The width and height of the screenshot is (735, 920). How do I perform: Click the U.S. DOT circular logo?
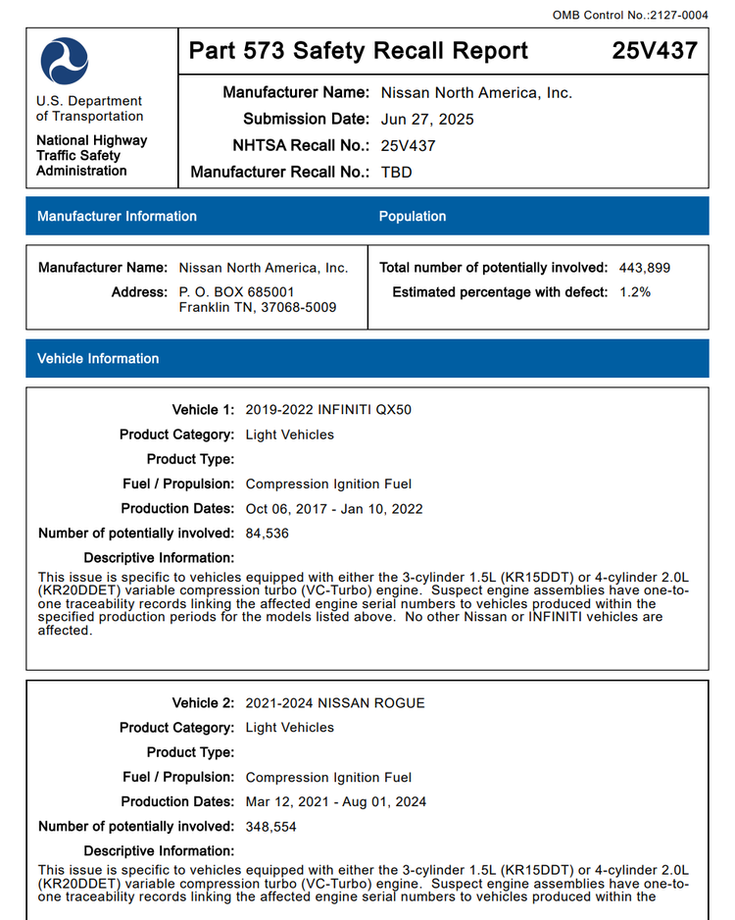tap(65, 61)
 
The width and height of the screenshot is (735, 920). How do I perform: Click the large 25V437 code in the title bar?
tap(655, 51)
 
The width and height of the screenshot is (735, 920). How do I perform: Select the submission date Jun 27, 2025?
tap(427, 119)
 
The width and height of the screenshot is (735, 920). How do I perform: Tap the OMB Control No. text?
tap(630, 15)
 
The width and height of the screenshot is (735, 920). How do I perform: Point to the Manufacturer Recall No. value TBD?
tap(397, 172)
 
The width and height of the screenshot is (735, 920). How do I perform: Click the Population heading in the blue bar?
tap(413, 216)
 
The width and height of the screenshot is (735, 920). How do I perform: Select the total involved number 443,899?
tap(645, 267)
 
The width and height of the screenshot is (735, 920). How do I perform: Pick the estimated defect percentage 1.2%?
tap(635, 292)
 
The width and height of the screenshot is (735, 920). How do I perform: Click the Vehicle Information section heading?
tap(98, 358)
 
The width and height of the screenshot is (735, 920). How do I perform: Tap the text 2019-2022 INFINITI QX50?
tap(328, 409)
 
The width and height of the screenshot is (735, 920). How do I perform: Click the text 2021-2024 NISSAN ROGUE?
tap(335, 702)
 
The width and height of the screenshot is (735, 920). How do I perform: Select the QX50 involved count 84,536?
tap(268, 533)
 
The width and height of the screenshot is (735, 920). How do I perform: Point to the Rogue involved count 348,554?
tap(271, 826)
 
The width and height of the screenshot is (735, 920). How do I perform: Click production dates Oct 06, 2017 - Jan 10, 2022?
tap(334, 508)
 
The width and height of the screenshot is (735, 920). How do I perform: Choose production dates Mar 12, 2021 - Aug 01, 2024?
tap(336, 801)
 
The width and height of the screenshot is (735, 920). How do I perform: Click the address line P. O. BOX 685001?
tap(236, 292)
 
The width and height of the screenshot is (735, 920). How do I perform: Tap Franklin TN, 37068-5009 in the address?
tap(258, 307)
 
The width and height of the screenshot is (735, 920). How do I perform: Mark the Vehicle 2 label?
tap(203, 702)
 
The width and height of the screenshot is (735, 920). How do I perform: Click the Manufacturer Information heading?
tap(117, 216)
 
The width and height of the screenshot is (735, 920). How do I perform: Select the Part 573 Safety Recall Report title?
tap(358, 51)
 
